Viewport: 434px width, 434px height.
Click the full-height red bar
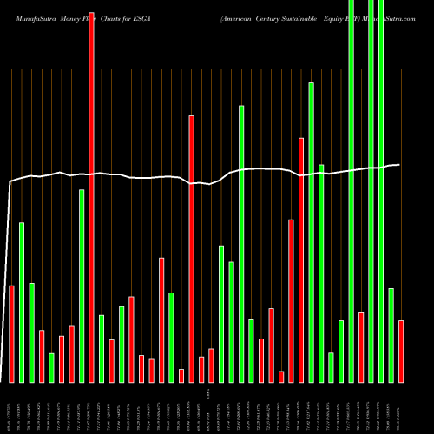click(91, 191)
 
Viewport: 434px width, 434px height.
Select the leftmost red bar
click(11, 333)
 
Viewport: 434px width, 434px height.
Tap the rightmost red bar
click(401, 351)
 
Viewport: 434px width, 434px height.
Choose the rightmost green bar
click(391, 334)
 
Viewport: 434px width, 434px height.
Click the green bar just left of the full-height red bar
click(82, 286)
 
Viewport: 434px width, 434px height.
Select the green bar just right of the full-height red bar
click(102, 347)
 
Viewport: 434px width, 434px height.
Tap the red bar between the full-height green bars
click(361, 346)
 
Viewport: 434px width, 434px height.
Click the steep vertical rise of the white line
click(9, 278)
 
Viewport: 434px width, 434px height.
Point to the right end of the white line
click(399, 165)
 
